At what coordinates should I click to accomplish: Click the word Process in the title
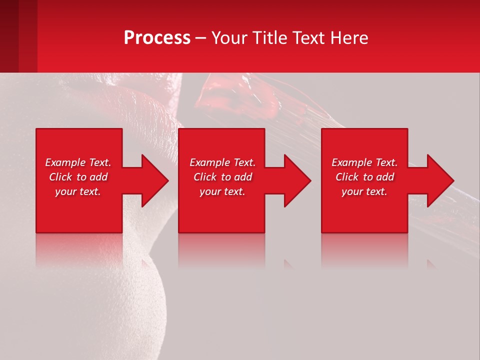[157, 38]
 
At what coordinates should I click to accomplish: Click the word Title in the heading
[270, 38]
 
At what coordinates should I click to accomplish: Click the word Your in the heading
[230, 38]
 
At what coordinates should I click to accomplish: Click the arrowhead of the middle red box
[296, 180]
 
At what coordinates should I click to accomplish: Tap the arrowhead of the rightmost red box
[439, 180]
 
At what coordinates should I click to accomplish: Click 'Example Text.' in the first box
[78, 162]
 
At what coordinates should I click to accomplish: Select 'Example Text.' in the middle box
[222, 162]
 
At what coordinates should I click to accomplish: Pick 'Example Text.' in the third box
[364, 162]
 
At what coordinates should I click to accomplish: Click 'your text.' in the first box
[78, 191]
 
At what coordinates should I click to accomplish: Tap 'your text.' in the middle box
[222, 191]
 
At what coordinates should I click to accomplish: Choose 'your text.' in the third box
[364, 191]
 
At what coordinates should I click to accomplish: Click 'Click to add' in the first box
[78, 177]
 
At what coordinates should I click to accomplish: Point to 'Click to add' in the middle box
[222, 177]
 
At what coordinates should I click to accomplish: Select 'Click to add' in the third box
[364, 177]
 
